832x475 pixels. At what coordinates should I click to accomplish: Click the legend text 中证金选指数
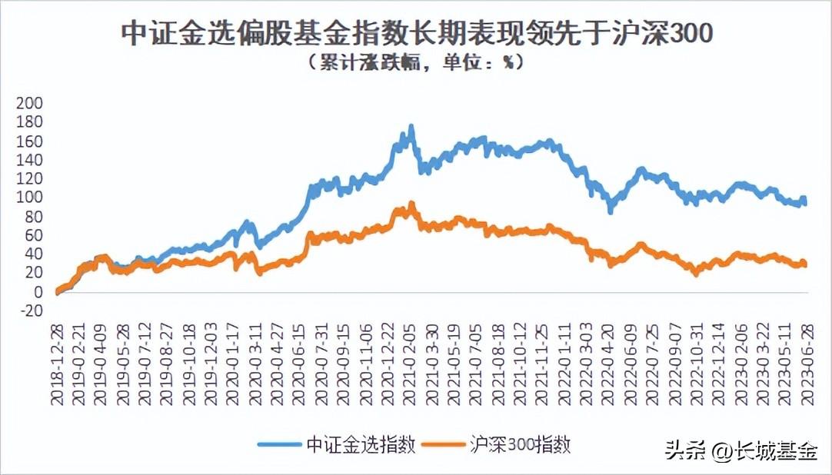[361, 444]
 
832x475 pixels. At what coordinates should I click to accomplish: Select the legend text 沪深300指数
[521, 444]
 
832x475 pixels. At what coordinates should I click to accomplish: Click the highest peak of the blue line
[411, 126]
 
